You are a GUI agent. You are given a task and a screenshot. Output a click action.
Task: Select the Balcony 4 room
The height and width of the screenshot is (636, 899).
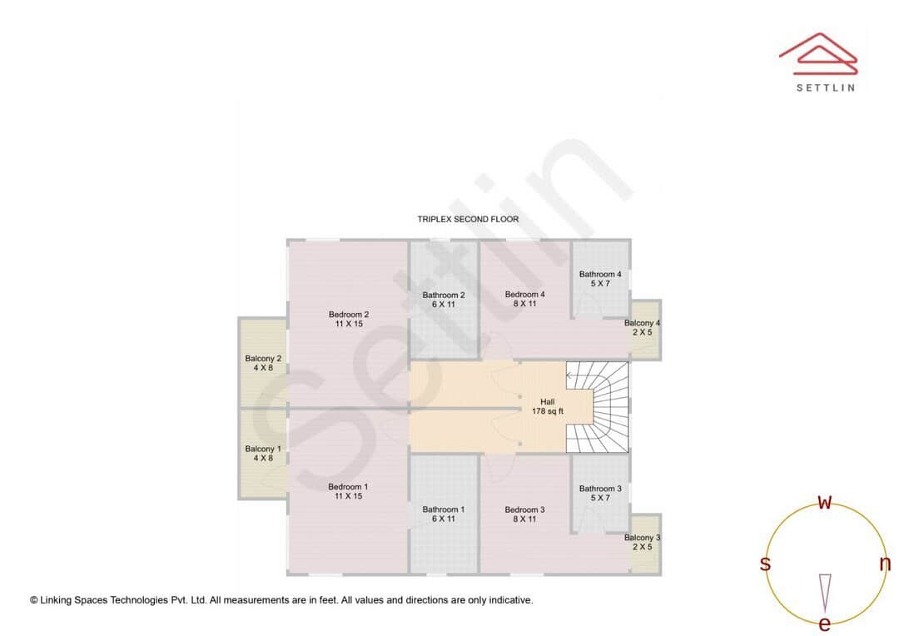click(x=643, y=328)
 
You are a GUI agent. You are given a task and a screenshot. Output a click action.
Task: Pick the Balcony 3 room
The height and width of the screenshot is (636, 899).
click(x=643, y=543)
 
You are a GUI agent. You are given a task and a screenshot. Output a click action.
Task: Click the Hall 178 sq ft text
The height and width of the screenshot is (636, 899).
click(x=547, y=406)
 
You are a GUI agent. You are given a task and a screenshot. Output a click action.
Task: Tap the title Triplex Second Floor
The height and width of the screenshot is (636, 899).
click(x=468, y=220)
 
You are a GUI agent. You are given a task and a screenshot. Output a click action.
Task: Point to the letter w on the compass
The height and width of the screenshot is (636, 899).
click(x=824, y=502)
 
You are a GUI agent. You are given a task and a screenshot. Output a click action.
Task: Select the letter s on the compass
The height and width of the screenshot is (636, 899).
click(x=765, y=564)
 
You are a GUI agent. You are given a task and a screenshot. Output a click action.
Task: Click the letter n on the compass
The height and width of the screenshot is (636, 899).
click(x=885, y=564)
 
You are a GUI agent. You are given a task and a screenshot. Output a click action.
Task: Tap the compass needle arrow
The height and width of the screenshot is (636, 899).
click(x=824, y=592)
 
